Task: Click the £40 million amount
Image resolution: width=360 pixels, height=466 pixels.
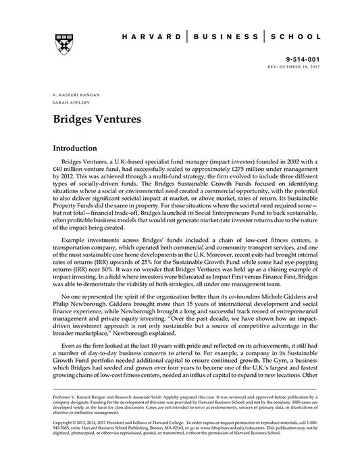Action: pos(67,172)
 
